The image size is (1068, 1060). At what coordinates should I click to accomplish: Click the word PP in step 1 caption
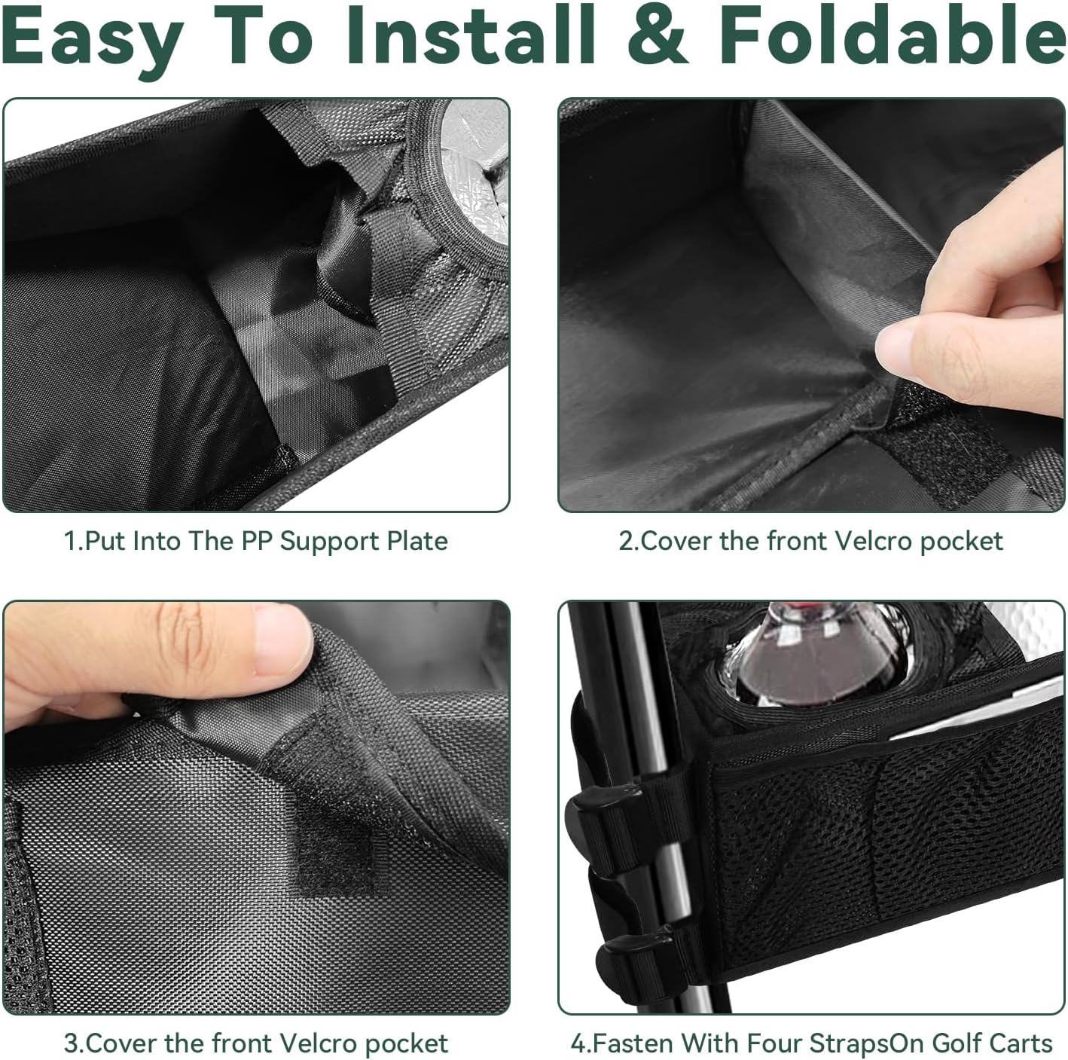tap(258, 541)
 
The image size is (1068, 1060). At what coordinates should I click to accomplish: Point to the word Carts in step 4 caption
tap(1021, 1044)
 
